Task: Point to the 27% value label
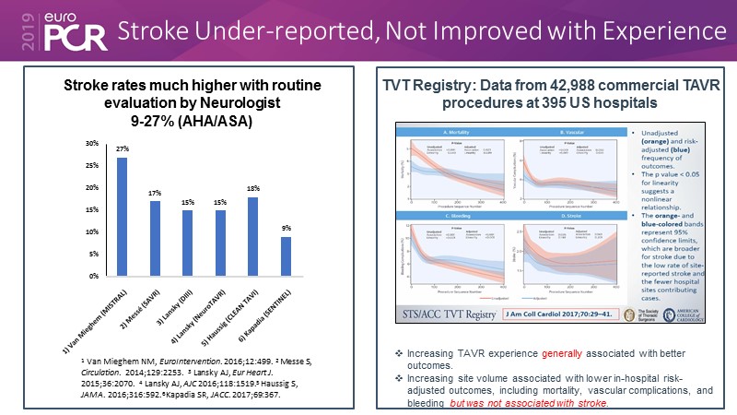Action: [122, 150]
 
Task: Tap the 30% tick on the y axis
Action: [91, 144]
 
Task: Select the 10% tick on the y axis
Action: [91, 231]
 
